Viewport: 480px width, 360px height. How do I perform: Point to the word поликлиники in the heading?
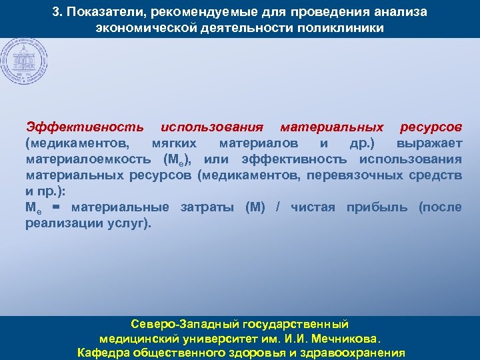344,29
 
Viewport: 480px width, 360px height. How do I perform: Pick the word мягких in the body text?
174,143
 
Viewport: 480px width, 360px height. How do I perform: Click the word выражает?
429,143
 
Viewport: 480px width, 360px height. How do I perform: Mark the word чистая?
312,207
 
